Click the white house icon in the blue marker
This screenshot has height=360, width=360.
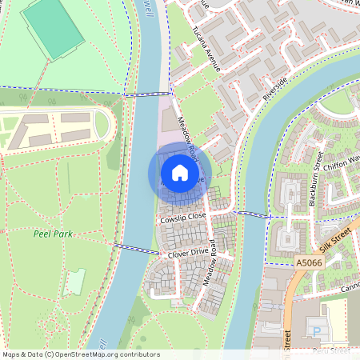(180, 172)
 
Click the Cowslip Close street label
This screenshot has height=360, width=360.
(182, 217)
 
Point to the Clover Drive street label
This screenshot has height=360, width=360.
(187, 254)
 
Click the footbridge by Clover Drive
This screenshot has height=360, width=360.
(130, 249)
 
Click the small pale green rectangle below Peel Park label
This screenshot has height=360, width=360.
(75, 282)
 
